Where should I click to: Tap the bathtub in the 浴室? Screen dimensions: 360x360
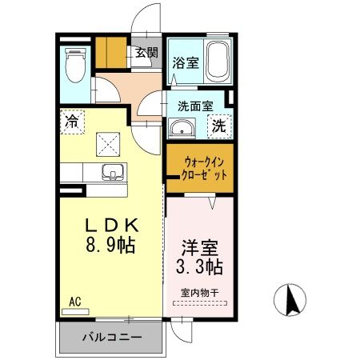218,61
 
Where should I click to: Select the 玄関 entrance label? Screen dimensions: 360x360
146,54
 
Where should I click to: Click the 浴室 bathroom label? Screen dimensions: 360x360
186,62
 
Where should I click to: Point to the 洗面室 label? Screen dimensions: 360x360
195,103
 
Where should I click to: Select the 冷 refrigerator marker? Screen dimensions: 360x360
72,123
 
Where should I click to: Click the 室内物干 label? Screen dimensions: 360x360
198,293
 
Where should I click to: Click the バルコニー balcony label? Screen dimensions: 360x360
111,338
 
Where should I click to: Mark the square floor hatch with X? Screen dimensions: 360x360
106,144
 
